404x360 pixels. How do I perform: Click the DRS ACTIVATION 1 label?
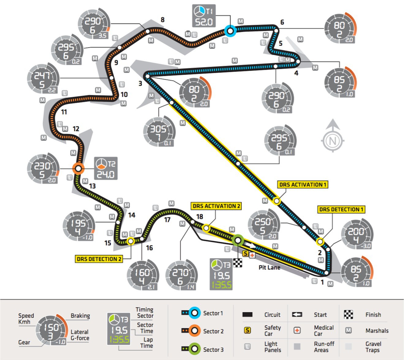(x=303, y=184)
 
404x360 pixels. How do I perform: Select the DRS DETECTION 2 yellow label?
(x=99, y=259)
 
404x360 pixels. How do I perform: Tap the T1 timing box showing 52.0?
(x=204, y=16)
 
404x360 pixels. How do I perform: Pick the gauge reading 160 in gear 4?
(x=143, y=275)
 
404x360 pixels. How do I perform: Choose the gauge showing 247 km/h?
(x=42, y=79)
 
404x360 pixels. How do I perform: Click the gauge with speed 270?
(x=181, y=275)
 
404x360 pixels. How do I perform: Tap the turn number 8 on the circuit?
(x=163, y=20)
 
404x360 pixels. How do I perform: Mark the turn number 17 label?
(x=167, y=220)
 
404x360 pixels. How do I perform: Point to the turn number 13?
(x=92, y=186)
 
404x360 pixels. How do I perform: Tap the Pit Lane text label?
(x=269, y=267)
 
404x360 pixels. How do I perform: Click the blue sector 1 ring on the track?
(x=230, y=31)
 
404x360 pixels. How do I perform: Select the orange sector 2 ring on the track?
(x=78, y=169)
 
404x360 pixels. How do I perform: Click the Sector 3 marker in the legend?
(x=194, y=349)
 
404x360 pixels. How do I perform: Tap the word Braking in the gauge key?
(x=80, y=316)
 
